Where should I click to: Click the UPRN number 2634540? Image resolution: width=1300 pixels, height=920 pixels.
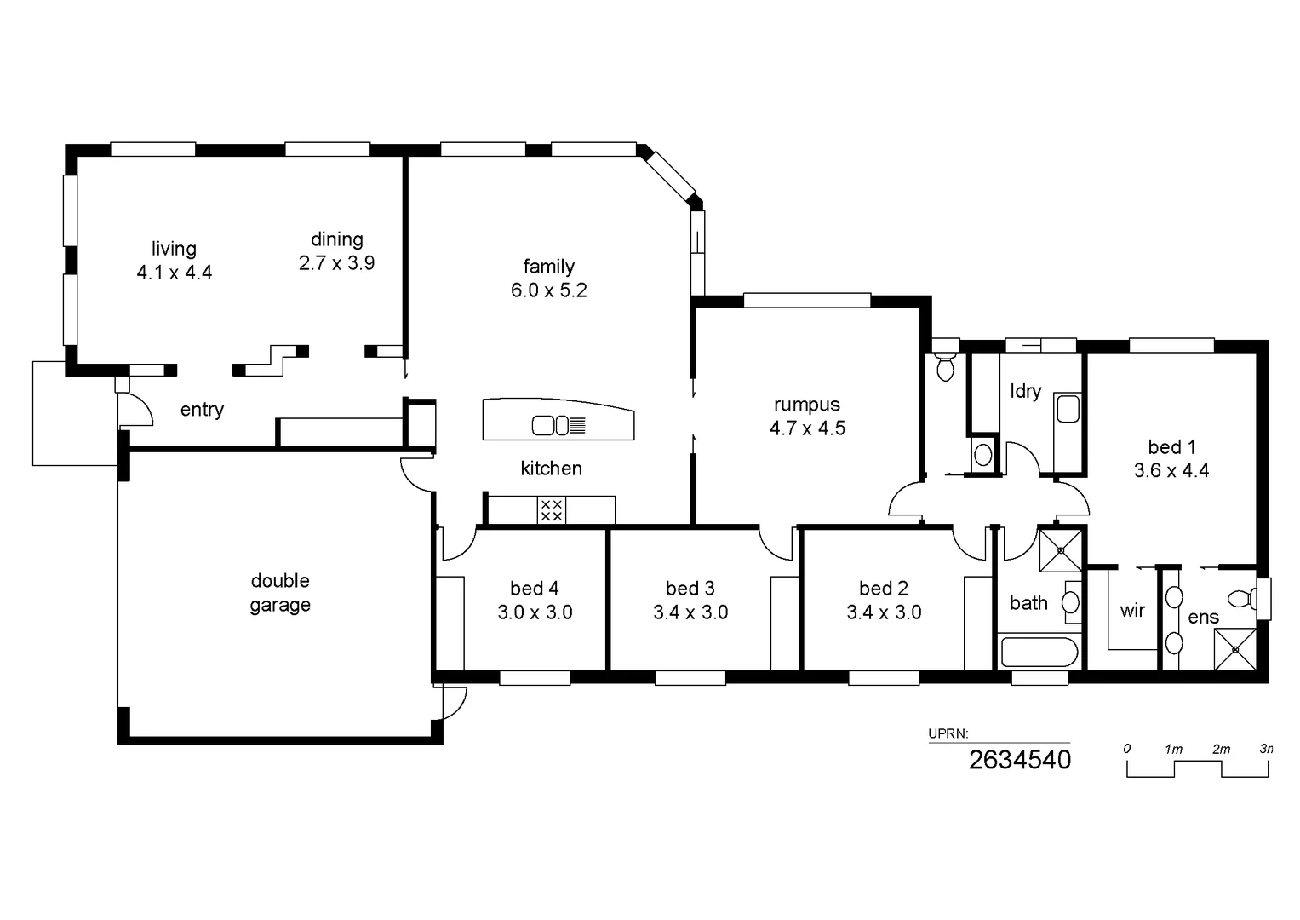coord(1019,760)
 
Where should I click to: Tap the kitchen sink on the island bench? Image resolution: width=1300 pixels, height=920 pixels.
coord(551,424)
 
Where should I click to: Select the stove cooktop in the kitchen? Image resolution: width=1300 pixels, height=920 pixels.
coord(552,510)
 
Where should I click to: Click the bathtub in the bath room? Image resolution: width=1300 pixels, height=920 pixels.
coord(1039,653)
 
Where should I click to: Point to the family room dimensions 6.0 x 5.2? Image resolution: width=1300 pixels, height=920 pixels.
coord(548,290)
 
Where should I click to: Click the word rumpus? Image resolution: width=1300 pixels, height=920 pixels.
coord(806,405)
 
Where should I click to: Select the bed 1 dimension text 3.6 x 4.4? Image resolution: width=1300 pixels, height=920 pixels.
coord(1171,470)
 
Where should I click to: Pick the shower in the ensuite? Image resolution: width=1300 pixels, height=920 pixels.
coord(1234,649)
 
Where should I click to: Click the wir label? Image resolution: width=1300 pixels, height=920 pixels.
coord(1132,611)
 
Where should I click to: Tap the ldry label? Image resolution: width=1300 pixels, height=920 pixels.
coord(1025,391)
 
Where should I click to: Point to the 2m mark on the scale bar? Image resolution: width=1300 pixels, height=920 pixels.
coord(1221,750)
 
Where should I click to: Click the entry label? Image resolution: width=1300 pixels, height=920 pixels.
coord(202,410)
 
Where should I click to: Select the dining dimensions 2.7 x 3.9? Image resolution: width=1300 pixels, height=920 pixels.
coord(336,263)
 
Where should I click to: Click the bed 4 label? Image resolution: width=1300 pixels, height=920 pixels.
coord(534,588)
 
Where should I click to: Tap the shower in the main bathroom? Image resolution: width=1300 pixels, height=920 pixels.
coord(1061,550)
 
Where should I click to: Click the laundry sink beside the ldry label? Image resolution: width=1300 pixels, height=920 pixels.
coord(1068,409)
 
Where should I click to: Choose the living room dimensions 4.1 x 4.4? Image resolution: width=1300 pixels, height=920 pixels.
coord(174,273)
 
